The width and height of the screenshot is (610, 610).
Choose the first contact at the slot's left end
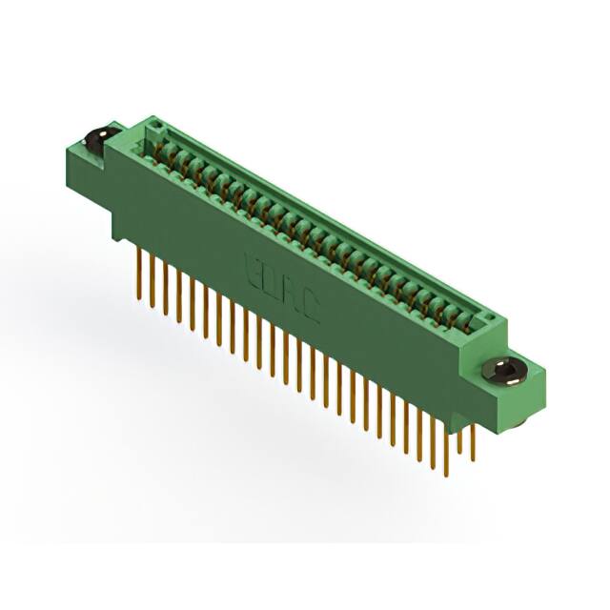tap(159, 144)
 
